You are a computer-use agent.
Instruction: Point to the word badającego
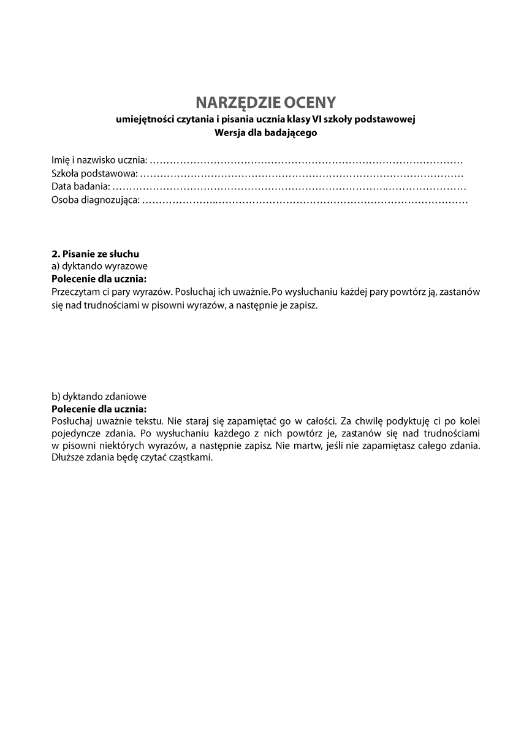292,132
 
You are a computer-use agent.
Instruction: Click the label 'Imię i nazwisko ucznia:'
99,161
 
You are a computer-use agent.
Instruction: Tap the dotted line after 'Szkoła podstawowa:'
302,174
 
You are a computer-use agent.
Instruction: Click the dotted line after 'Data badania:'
289,187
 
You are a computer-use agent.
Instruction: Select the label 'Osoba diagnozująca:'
96,200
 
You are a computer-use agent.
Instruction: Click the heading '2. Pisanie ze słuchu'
95,254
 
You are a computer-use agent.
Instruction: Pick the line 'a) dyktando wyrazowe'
99,267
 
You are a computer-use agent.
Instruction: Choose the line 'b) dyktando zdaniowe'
99,397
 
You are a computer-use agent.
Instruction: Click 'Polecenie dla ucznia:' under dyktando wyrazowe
99,279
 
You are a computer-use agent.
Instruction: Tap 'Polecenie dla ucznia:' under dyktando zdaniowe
99,409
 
